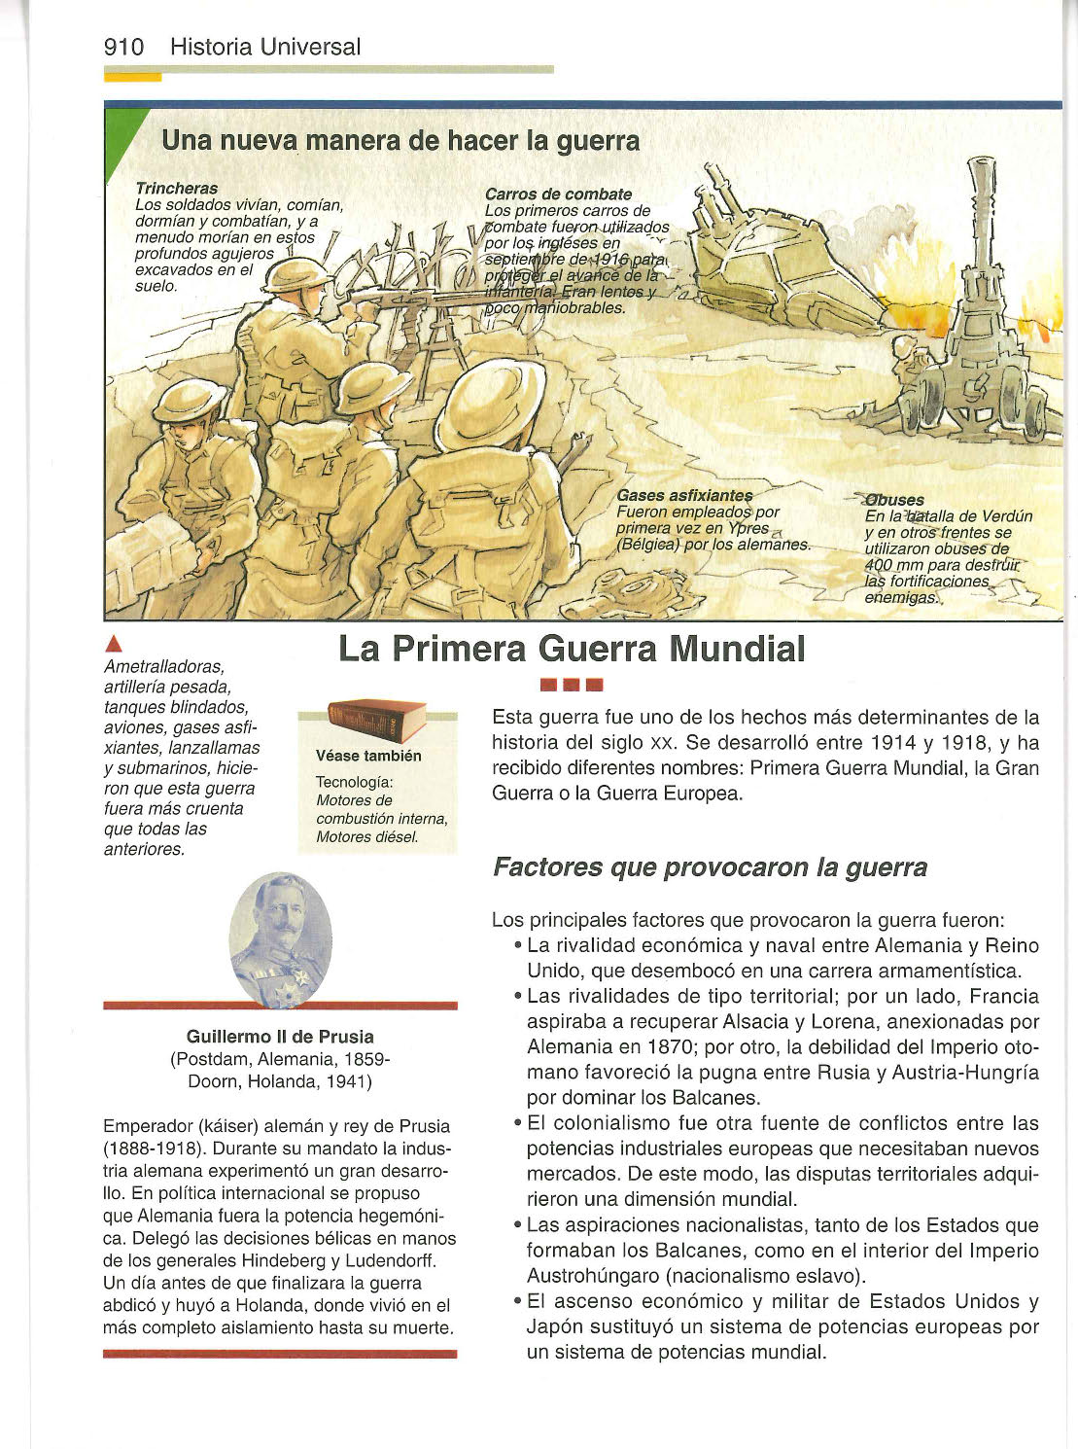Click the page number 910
point(123,47)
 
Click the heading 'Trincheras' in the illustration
point(177,188)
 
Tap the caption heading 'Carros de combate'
point(558,194)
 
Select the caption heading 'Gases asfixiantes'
point(684,496)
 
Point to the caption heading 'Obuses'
point(895,500)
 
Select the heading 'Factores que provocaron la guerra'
point(710,866)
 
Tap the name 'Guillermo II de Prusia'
point(280,1037)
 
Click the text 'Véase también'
point(368,756)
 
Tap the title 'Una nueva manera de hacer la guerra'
point(400,141)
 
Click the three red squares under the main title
point(572,684)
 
